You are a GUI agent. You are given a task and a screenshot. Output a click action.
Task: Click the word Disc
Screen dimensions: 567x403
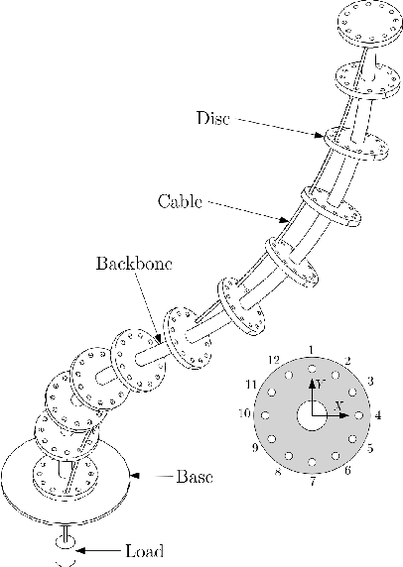pos(212,119)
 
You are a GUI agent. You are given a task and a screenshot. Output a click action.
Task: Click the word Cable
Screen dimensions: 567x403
pos(180,201)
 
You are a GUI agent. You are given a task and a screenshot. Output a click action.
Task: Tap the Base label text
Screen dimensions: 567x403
pos(195,477)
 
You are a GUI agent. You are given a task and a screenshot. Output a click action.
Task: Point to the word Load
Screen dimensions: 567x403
pos(144,549)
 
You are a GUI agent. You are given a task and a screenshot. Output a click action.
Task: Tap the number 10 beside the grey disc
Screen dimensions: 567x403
pos(243,413)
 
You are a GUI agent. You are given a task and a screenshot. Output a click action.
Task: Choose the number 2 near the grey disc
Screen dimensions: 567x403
pos(347,360)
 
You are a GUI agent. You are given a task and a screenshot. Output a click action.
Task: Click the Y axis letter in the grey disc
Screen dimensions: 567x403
pos(320,382)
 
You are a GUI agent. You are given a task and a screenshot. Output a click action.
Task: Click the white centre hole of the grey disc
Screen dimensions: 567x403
pos(312,415)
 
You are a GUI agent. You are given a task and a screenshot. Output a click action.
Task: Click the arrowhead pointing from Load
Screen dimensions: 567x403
pos(83,548)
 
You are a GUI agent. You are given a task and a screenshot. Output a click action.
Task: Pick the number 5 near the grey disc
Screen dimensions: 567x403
pos(370,449)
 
